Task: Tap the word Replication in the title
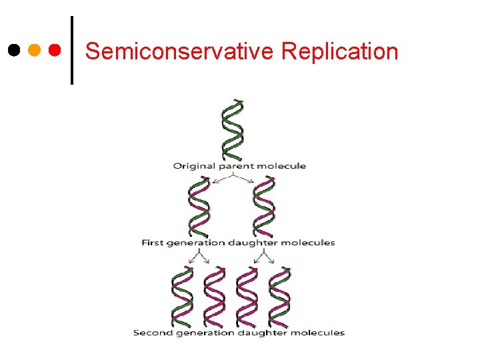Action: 340,51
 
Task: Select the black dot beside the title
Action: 13,50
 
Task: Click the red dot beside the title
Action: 55,50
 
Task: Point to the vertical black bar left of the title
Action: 71,50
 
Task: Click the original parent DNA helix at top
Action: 233,129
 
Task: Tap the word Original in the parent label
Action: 194,165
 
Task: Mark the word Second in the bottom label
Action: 150,333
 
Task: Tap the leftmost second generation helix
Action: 182,296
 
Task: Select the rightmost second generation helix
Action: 279,296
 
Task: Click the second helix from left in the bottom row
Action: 215,296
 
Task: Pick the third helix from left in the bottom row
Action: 247,296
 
